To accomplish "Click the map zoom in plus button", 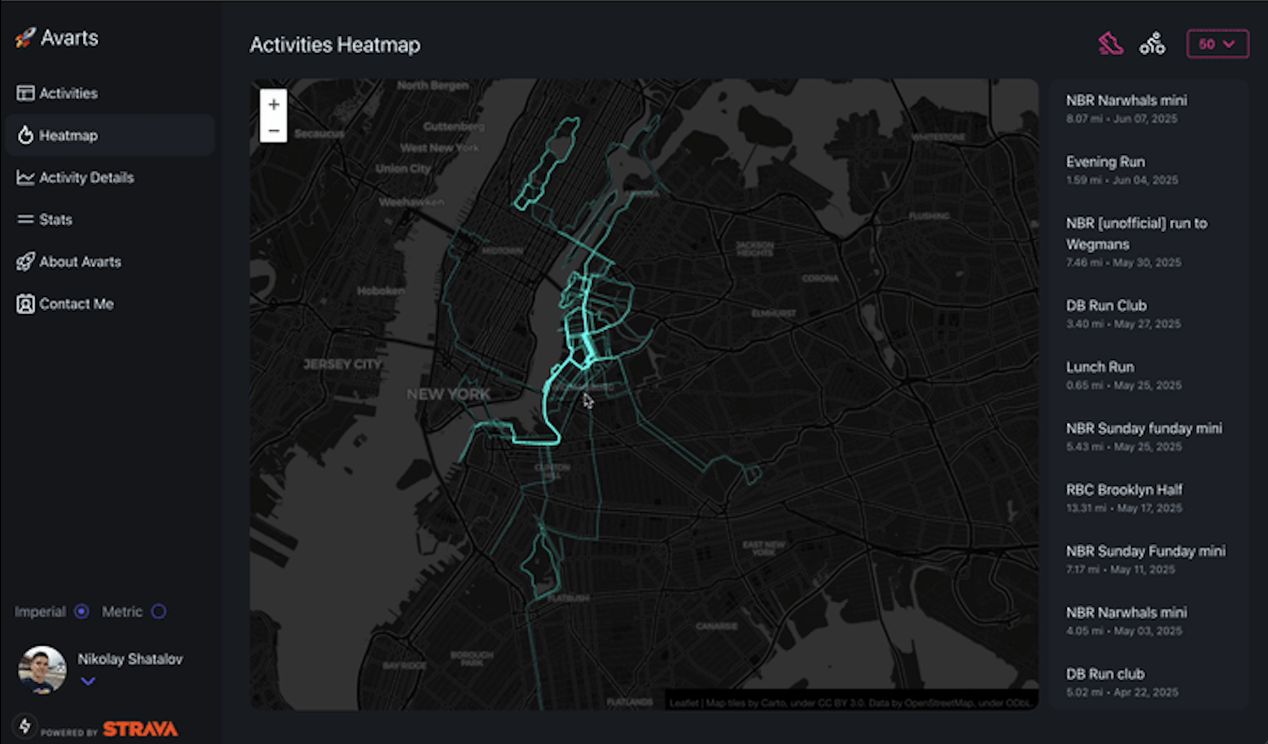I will pyautogui.click(x=274, y=104).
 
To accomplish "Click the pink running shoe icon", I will pyautogui.click(x=1111, y=45).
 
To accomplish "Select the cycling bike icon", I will pyautogui.click(x=1152, y=45).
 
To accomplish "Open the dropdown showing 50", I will pyautogui.click(x=1218, y=45).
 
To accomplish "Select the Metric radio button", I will pyautogui.click(x=159, y=611).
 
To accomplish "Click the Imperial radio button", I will pyautogui.click(x=82, y=611).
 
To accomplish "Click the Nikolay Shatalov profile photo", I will pyautogui.click(x=42, y=670).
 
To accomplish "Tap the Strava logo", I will pyautogui.click(x=140, y=729).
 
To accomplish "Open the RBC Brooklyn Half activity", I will pyautogui.click(x=1124, y=490).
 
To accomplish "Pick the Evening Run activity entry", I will pyautogui.click(x=1105, y=162).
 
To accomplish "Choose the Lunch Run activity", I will pyautogui.click(x=1100, y=367).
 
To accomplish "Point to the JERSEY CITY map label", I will pyautogui.click(x=342, y=364).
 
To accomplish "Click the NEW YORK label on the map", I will pyautogui.click(x=448, y=394).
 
